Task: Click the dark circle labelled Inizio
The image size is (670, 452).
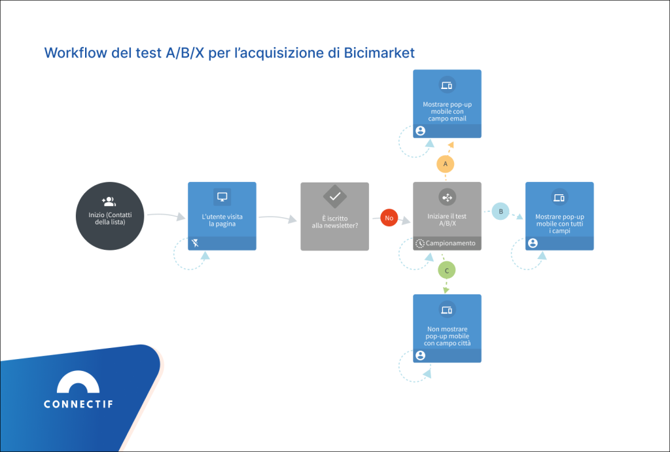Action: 110,215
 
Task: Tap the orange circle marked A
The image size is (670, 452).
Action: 446,164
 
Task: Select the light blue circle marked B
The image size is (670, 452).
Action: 501,211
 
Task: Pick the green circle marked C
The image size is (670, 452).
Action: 446,269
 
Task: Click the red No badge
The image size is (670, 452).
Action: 389,218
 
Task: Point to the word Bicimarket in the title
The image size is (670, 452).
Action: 379,53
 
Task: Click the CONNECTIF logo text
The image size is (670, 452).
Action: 78,404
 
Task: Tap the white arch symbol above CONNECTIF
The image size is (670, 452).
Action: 78,382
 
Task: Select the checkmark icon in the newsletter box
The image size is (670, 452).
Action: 334,196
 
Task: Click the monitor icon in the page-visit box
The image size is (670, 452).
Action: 222,196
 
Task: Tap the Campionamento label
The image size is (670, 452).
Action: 451,243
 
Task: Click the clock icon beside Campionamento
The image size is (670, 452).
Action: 420,243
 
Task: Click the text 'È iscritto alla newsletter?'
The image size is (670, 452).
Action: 334,221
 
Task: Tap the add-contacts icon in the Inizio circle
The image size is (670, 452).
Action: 109,201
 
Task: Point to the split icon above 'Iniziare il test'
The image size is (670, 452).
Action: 448,196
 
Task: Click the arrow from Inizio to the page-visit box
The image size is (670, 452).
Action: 166,215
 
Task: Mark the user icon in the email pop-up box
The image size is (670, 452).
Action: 420,131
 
